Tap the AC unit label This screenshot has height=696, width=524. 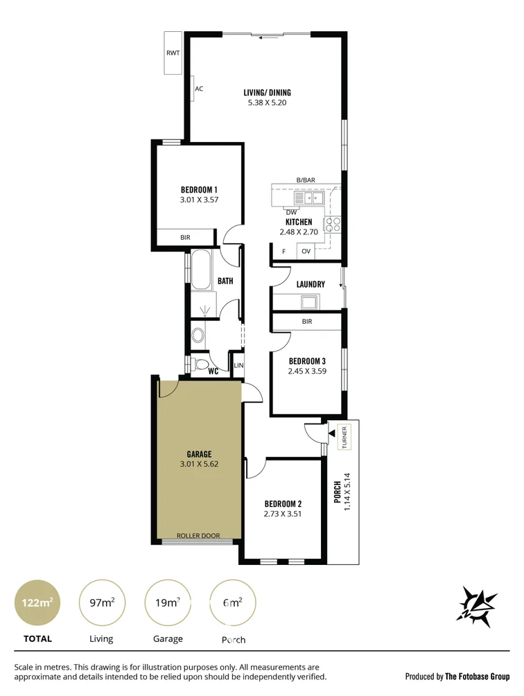199,89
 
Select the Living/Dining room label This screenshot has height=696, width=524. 267,93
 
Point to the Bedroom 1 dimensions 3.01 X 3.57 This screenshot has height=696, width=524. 199,200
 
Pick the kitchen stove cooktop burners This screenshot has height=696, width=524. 333,224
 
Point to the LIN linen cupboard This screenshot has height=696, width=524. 238,365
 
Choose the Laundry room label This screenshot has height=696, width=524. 310,284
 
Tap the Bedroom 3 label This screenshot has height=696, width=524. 307,361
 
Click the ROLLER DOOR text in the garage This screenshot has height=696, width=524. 198,536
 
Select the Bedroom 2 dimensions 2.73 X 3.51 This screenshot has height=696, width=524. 283,514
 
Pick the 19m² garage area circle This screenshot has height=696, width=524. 168,602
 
